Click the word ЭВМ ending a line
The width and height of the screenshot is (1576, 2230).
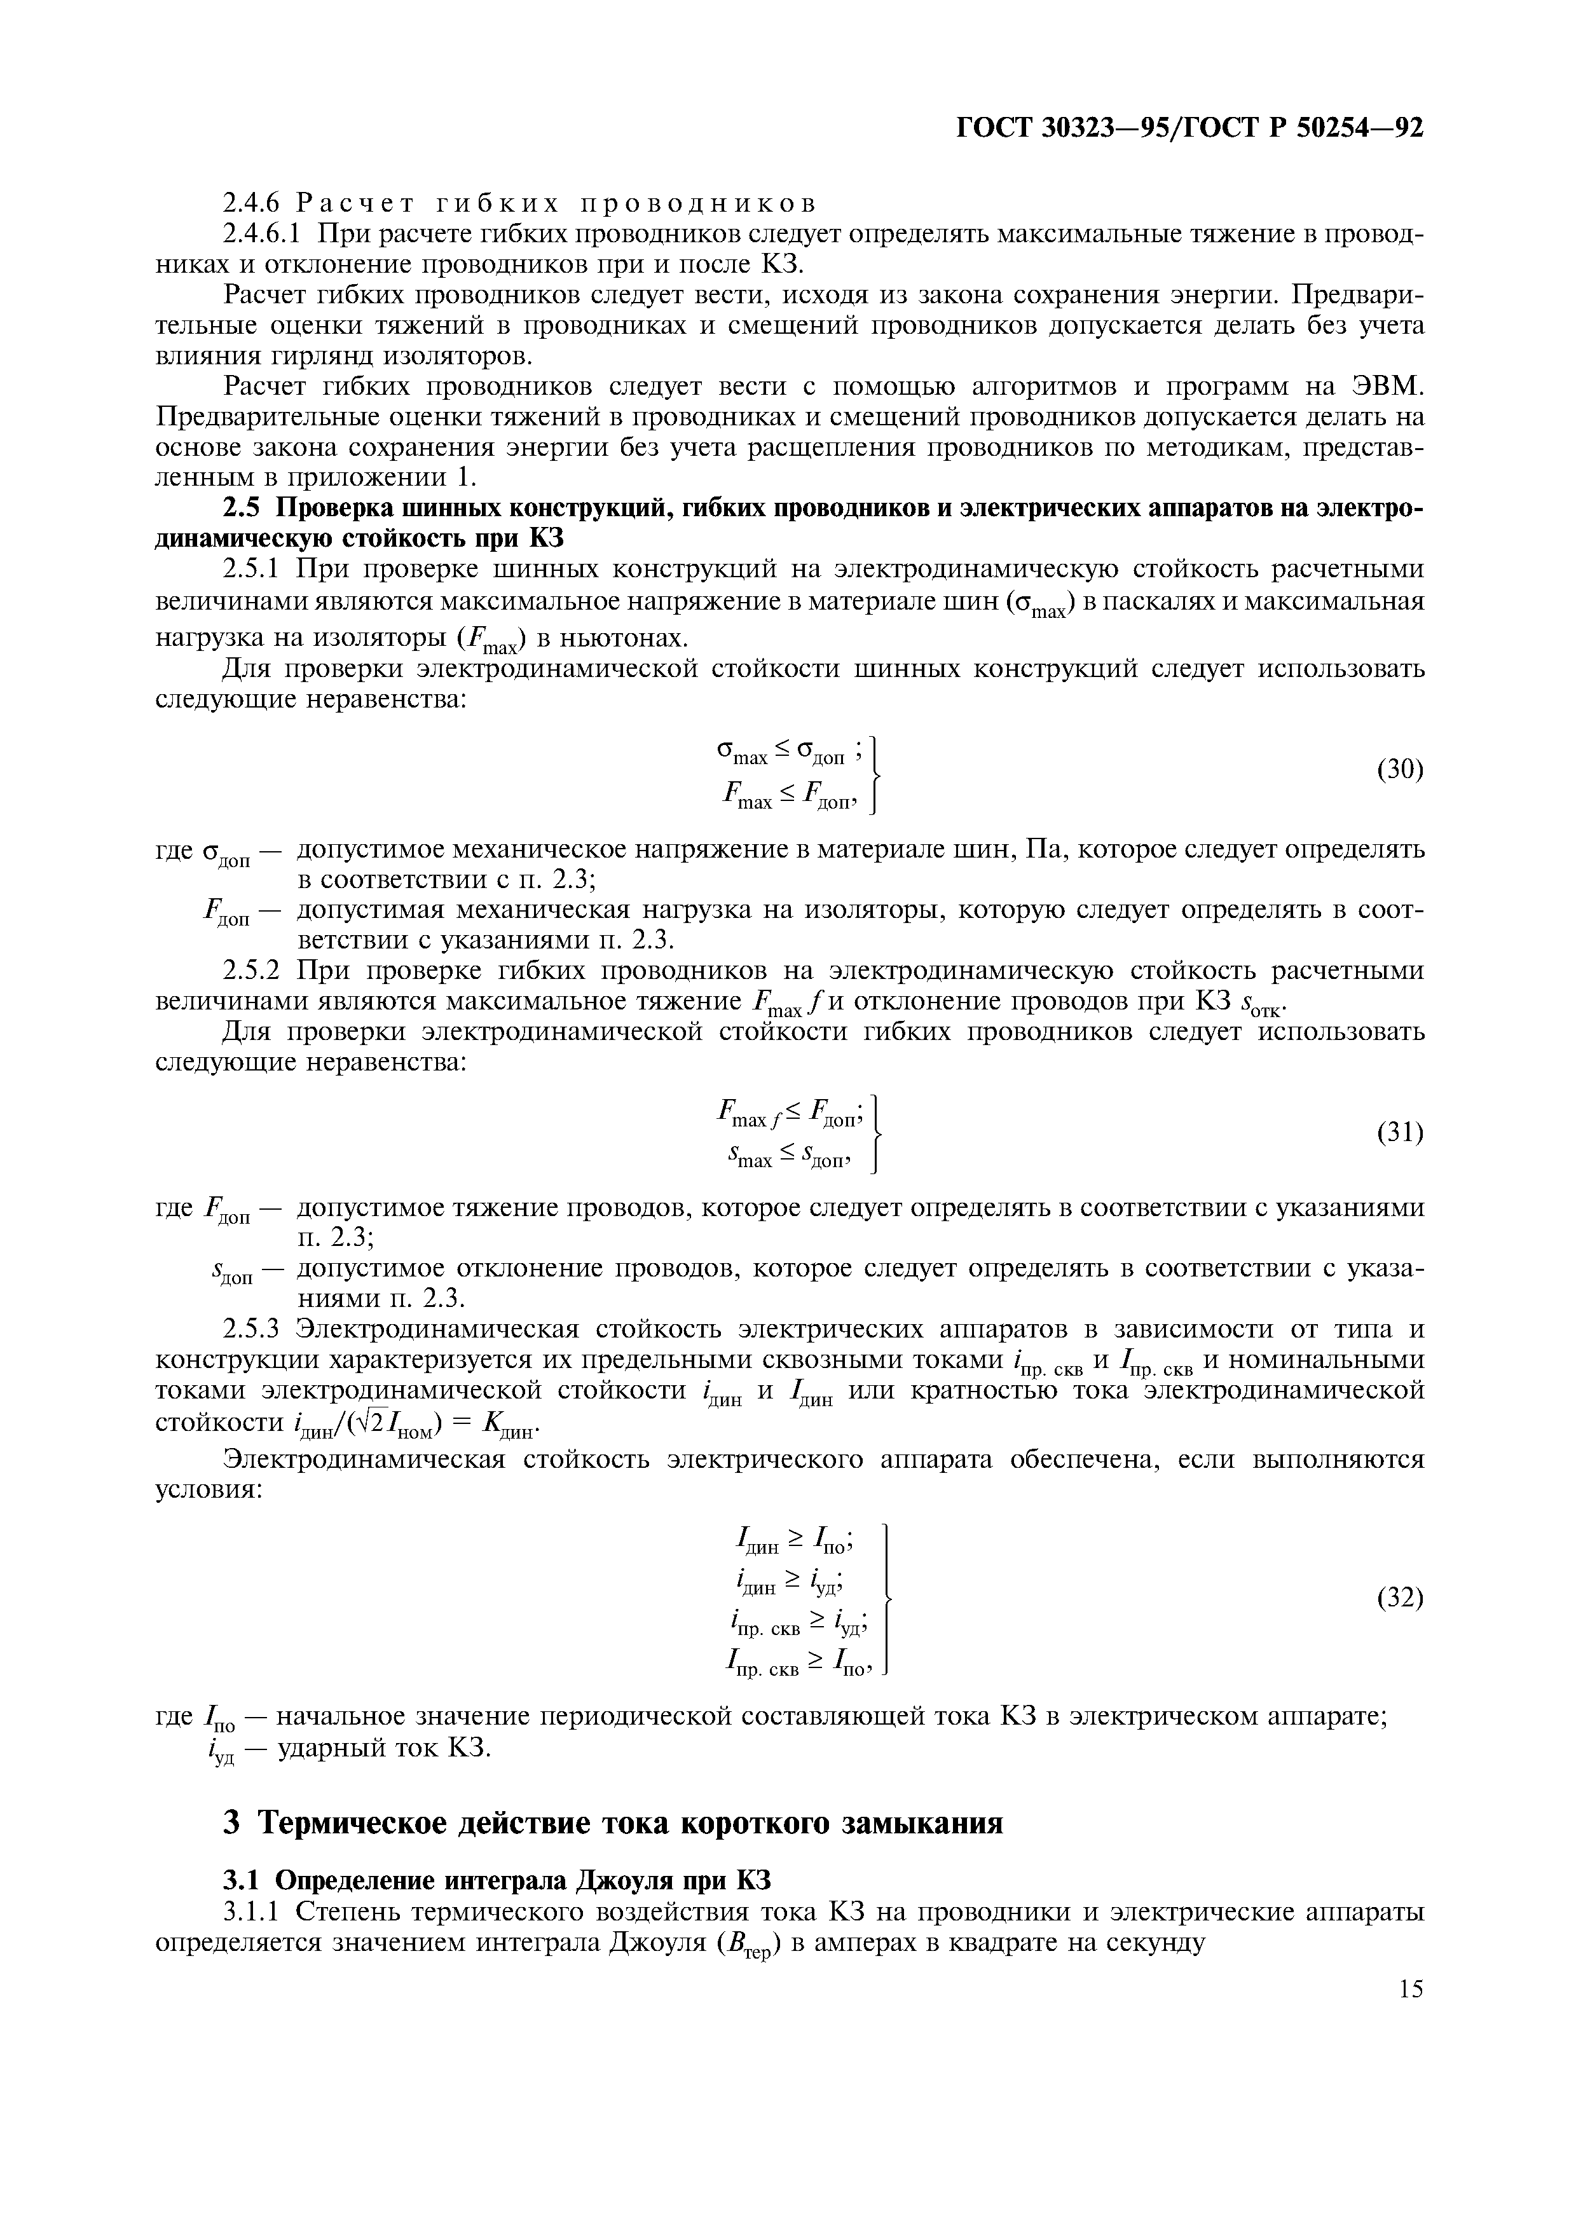pos(1387,386)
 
